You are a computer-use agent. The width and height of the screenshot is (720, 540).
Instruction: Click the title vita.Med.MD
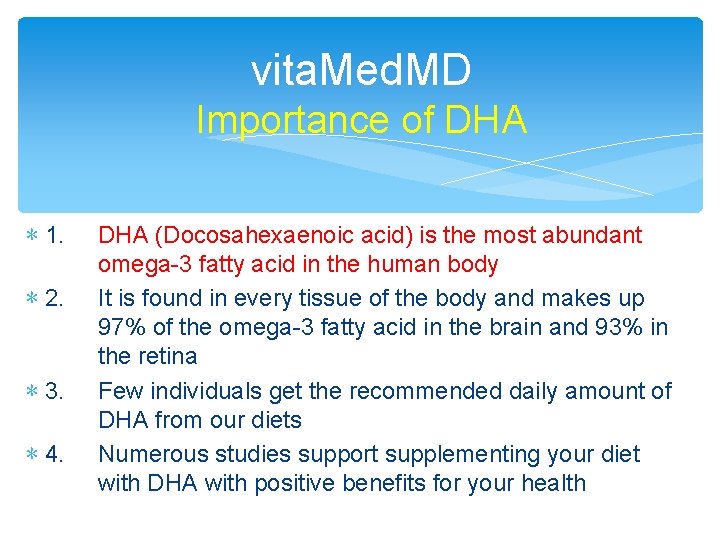click(360, 70)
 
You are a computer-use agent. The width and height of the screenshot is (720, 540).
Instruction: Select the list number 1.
click(55, 237)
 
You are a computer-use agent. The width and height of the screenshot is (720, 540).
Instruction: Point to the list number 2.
click(55, 299)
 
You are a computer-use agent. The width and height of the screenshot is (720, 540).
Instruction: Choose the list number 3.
click(55, 392)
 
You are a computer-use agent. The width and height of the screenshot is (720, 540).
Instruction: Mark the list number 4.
click(55, 455)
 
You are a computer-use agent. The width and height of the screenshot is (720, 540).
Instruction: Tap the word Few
click(117, 391)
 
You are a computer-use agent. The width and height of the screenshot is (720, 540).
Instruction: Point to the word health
click(550, 483)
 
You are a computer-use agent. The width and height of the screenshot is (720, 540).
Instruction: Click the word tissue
click(317, 298)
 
